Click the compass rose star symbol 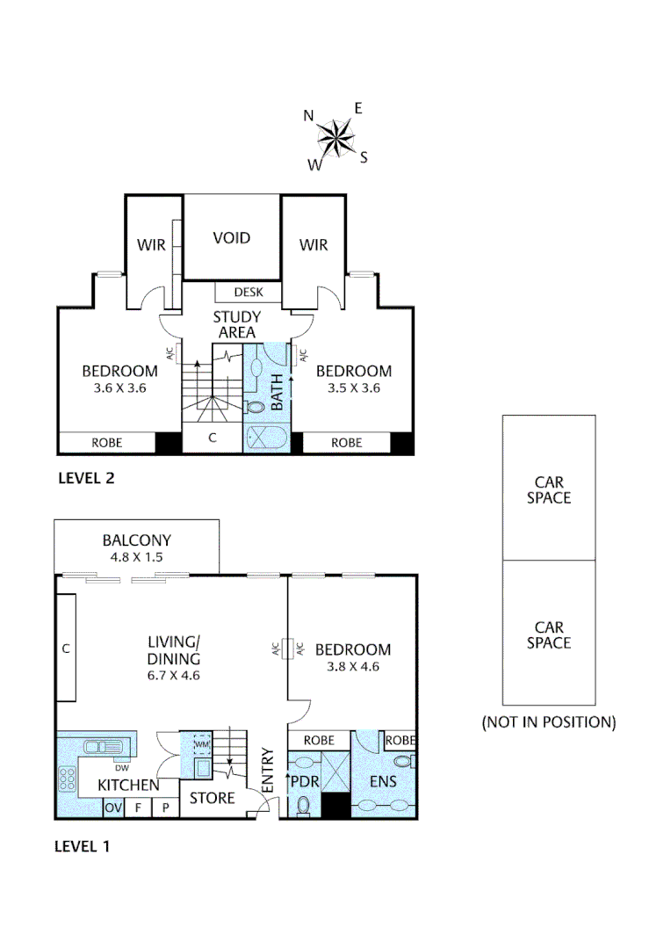coord(335,136)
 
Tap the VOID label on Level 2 coord(232,238)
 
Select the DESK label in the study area coord(248,293)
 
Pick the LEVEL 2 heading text coord(86,479)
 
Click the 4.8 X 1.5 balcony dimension coord(136,556)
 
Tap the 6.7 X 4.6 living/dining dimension coord(174,674)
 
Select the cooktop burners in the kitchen coord(67,778)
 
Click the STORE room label coord(213,798)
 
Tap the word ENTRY coord(268,771)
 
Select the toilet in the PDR coord(303,804)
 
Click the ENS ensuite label coord(383,781)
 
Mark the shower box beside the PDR coord(335,772)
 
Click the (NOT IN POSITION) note coord(548,722)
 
